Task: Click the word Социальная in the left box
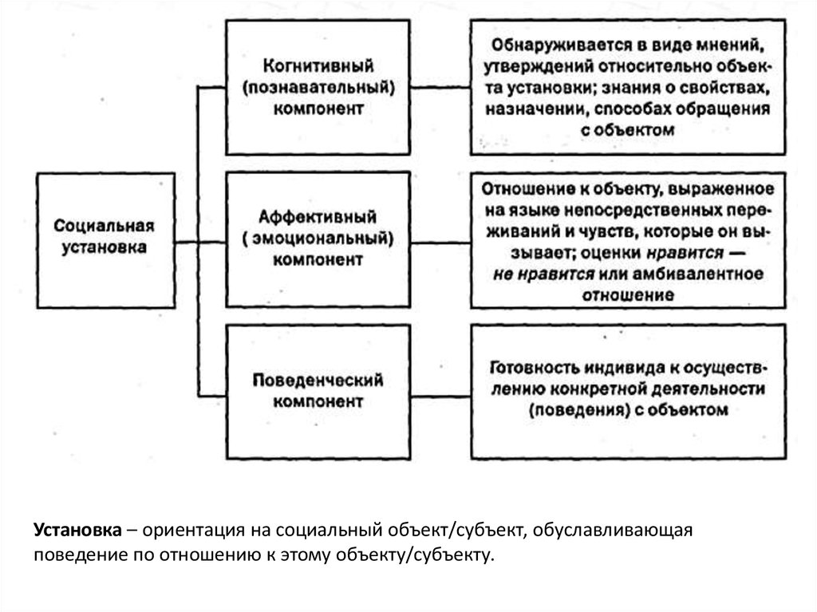pos(105,226)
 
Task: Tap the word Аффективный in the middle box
pos(318,216)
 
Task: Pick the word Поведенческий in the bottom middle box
pos(318,380)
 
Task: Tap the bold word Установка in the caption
pos(77,531)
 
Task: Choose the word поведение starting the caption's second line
pos(77,555)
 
